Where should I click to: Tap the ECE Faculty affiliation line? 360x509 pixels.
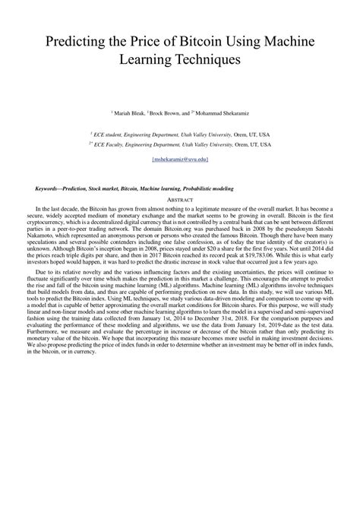click(x=180, y=143)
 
